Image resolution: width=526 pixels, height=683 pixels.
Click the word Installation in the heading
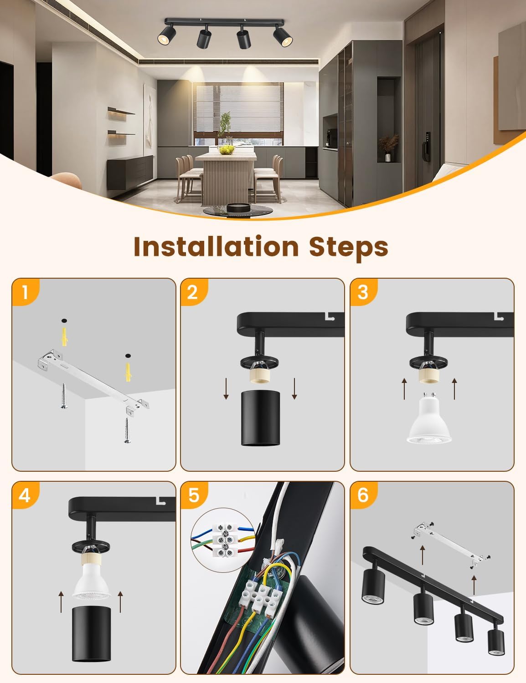(x=216, y=247)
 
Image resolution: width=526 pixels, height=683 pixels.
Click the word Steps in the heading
(x=349, y=248)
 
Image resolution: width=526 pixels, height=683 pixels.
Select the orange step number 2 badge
(x=195, y=292)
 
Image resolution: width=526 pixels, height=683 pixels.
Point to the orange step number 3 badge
(x=364, y=292)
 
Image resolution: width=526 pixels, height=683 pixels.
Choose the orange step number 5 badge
(x=195, y=495)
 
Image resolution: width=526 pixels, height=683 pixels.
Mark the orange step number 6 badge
(x=364, y=495)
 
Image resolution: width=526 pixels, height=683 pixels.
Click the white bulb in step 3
(x=429, y=419)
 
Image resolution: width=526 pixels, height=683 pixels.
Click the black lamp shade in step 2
(x=260, y=418)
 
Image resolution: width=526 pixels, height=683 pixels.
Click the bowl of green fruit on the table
(x=226, y=150)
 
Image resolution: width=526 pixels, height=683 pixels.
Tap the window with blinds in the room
(x=238, y=114)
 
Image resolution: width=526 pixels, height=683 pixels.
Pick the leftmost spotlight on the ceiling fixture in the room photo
(x=166, y=35)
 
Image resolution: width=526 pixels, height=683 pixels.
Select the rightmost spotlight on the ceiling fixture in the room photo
(x=283, y=36)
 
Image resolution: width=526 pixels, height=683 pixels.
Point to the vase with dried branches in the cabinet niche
(x=388, y=148)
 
